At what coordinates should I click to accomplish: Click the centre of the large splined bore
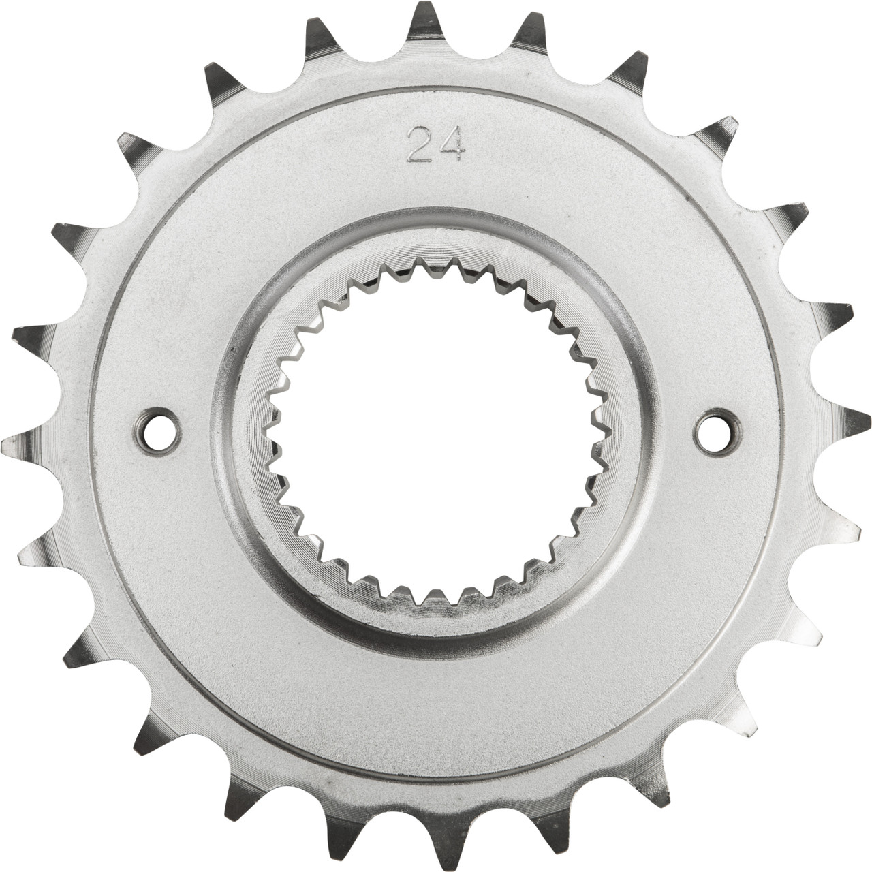tap(436, 436)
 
